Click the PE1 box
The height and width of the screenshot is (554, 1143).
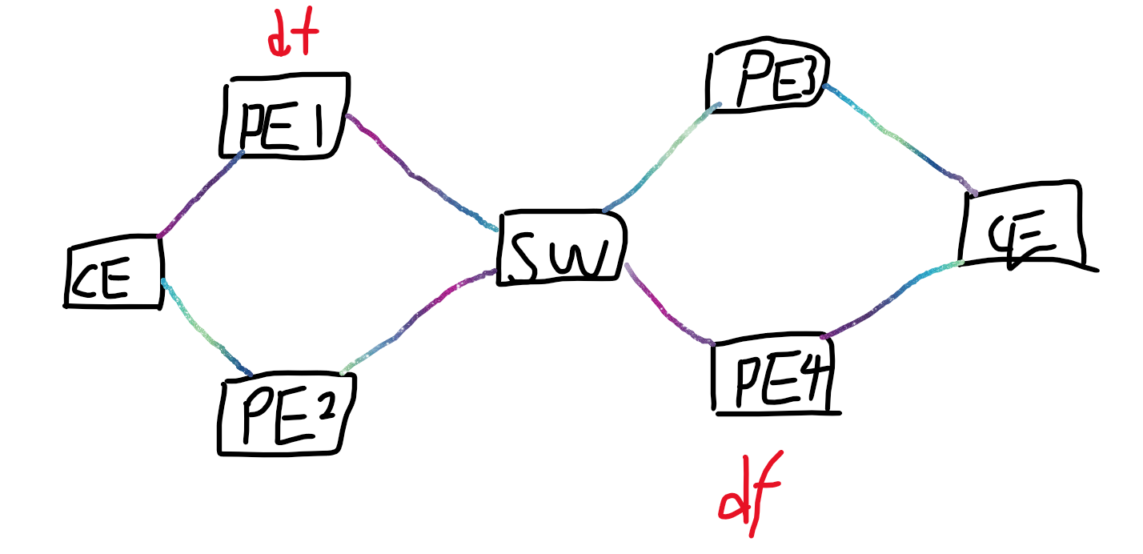pos(284,116)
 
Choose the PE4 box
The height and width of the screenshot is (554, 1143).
pos(772,375)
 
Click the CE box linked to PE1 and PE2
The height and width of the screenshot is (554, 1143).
pos(114,272)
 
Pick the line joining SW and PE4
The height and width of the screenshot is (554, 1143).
pos(668,308)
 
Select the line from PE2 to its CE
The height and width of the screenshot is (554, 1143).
pos(204,330)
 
